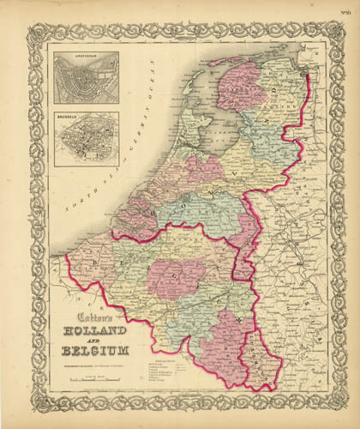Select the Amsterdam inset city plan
[x=85, y=80]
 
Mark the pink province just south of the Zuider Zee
[x=205, y=167]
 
